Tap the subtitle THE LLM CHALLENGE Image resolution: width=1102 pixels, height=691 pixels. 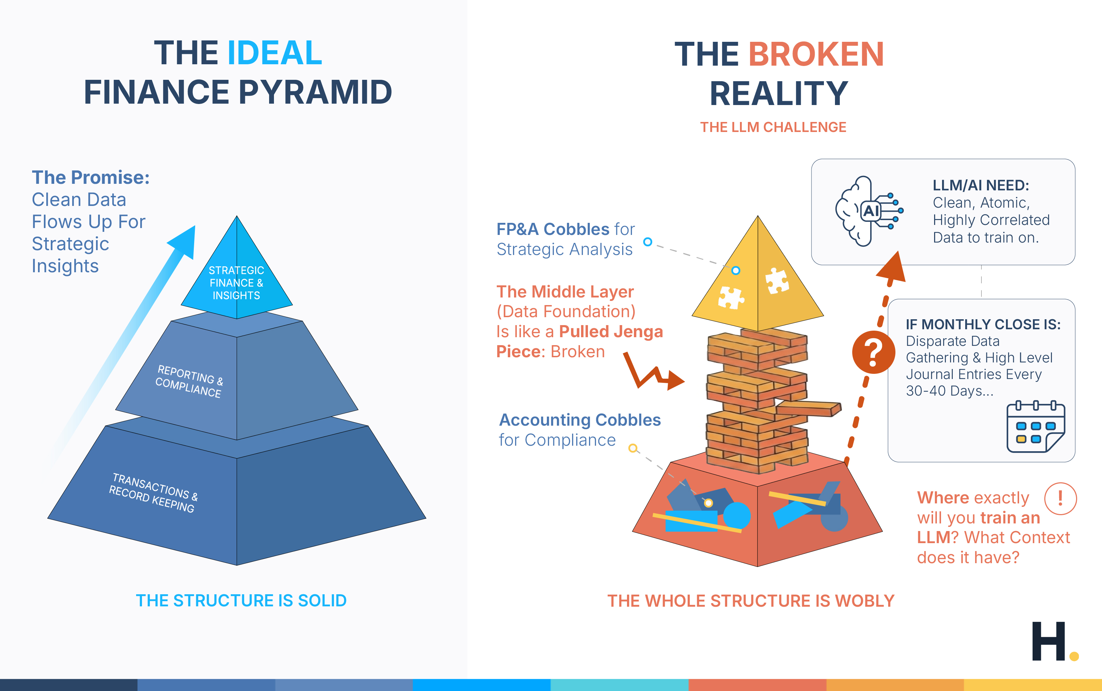(x=773, y=127)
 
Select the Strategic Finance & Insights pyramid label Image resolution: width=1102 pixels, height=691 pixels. (x=236, y=283)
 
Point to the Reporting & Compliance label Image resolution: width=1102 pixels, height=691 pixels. (x=189, y=381)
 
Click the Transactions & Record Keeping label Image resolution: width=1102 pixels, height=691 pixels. (x=153, y=493)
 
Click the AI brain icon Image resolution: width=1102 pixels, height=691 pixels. (x=868, y=211)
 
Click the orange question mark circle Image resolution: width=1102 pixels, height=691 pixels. (x=873, y=352)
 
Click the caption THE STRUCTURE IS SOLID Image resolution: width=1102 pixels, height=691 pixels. (x=241, y=600)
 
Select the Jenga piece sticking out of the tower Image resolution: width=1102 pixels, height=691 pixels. (x=809, y=408)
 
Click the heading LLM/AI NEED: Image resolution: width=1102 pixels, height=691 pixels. (x=980, y=185)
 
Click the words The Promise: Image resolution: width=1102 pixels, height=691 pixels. (x=91, y=177)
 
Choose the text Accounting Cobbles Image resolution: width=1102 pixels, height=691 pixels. (x=580, y=419)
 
